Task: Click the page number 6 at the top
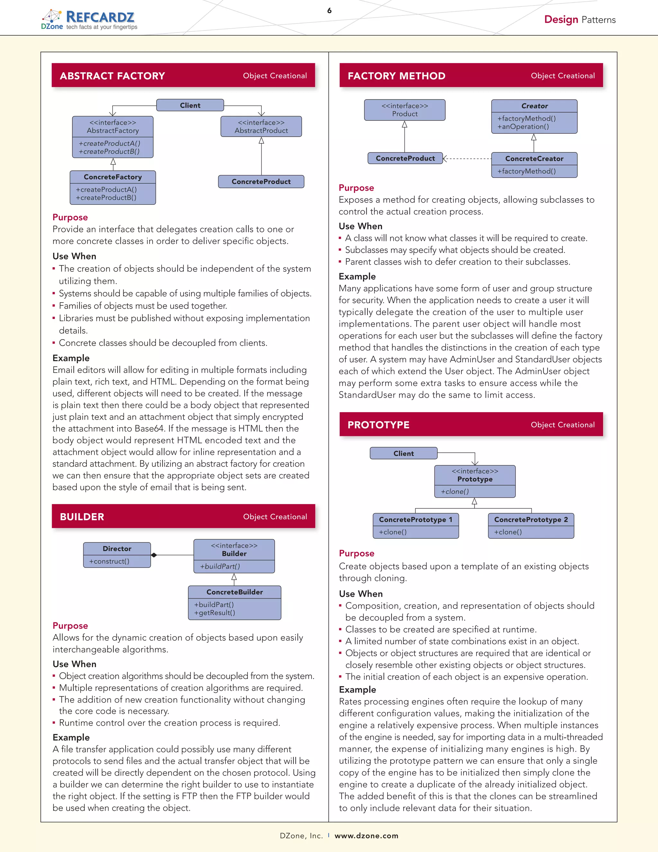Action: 329,11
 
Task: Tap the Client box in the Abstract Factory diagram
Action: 190,105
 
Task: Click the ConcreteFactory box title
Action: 113,177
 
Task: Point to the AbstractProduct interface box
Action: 261,126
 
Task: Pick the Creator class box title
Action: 534,106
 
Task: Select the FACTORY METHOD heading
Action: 396,76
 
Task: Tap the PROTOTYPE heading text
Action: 378,425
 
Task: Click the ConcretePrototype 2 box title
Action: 530,520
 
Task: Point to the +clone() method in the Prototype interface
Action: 455,492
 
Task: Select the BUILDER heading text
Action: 82,517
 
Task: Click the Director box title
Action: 117,548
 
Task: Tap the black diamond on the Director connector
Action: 154,555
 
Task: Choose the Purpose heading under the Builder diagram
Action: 70,625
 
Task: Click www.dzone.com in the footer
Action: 366,836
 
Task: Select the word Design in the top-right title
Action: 561,20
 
